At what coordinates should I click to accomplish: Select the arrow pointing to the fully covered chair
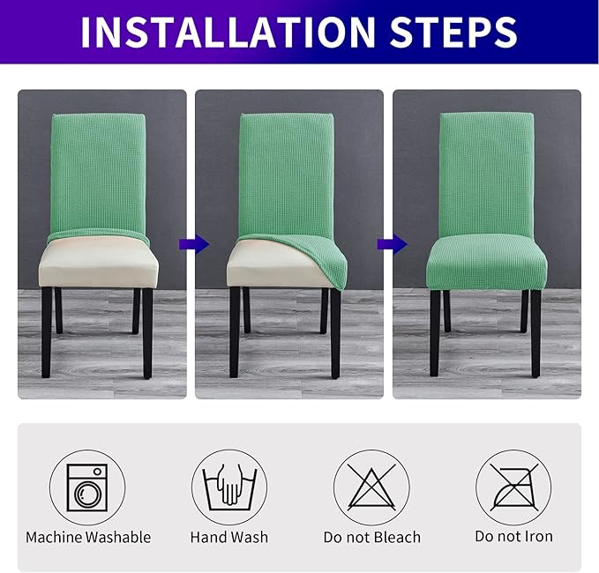(x=386, y=242)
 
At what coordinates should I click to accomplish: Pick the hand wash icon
(x=229, y=487)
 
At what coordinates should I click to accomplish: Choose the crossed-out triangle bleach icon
(x=371, y=487)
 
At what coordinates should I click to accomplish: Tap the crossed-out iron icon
(x=513, y=487)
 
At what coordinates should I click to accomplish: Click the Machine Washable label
(x=88, y=537)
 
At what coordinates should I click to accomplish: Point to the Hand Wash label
(x=229, y=537)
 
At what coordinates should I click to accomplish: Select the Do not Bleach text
(x=371, y=537)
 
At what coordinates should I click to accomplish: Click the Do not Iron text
(x=513, y=537)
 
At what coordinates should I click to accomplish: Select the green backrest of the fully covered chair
(x=487, y=172)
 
